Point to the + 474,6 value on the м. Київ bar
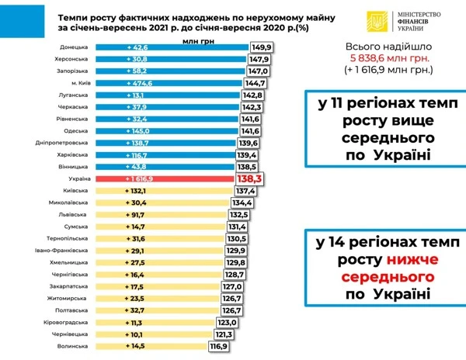(141, 82)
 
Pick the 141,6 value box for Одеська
(255, 130)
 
